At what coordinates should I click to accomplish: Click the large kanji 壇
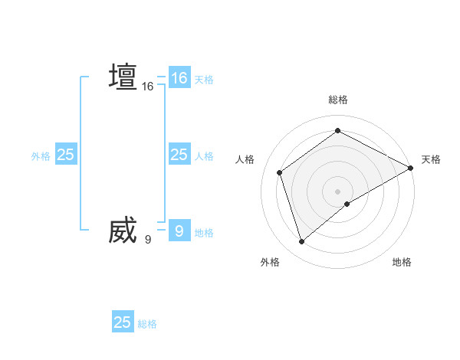pos(123,77)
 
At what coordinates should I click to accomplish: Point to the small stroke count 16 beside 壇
pos(148,87)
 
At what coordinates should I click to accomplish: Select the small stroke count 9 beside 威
pos(148,240)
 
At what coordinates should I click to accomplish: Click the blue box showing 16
pos(179,78)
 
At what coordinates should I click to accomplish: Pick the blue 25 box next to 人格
pos(179,155)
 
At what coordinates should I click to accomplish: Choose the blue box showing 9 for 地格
pos(179,231)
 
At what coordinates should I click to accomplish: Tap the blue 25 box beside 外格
pos(66,155)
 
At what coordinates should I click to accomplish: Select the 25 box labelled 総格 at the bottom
pos(123,322)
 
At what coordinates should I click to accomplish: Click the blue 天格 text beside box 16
pos(204,80)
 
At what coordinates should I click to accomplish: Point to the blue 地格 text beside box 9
pos(204,233)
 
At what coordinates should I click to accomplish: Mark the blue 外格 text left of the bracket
pos(41,156)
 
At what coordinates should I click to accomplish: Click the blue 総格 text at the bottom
pos(147,324)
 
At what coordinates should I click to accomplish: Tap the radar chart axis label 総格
pos(337,100)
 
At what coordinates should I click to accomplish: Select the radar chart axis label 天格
pos(431,159)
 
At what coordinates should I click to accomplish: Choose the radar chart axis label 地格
pos(402,262)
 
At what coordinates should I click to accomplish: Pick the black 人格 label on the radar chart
pos(245,159)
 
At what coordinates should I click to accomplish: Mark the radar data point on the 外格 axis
pos(301,242)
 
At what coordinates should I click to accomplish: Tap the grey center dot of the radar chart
pos(337,191)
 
